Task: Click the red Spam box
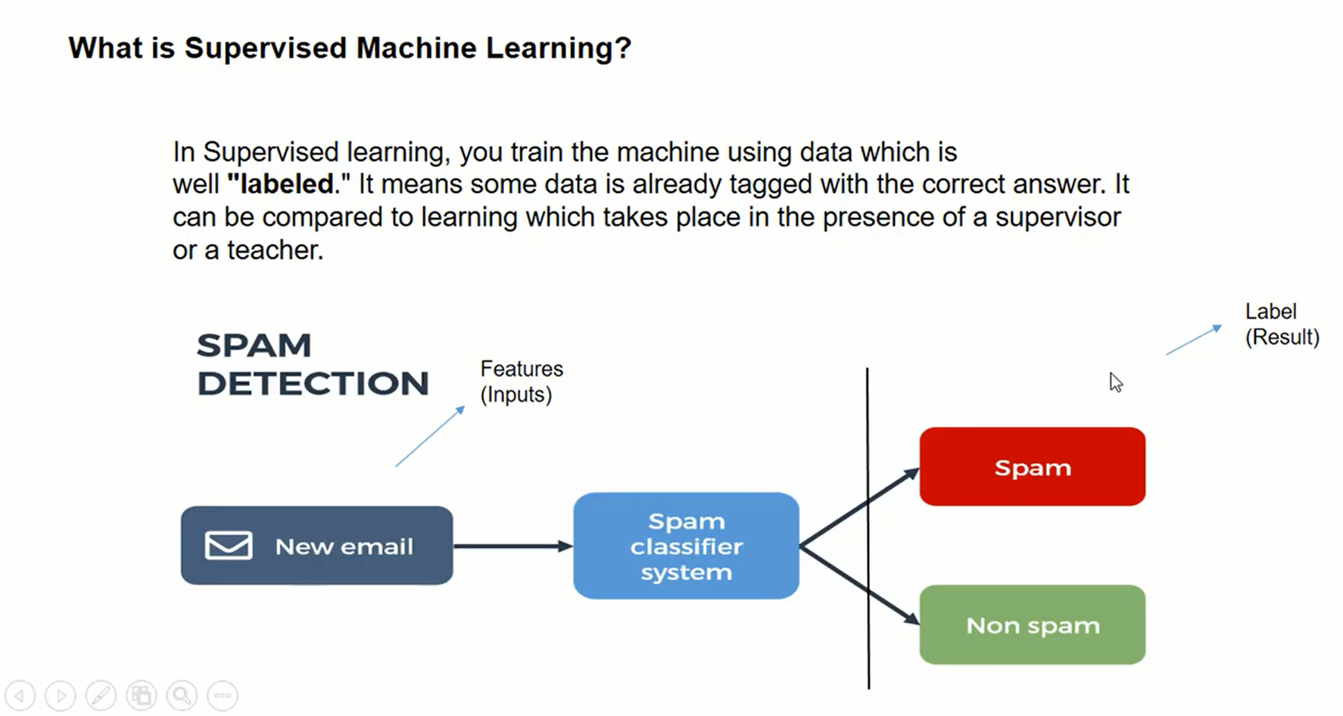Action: coord(1032,466)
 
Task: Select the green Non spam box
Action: coord(1032,625)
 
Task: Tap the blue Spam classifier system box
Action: coord(686,546)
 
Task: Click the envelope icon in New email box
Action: coord(228,546)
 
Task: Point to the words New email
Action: coord(344,546)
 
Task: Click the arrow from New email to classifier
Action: coord(512,546)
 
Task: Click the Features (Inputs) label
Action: coord(521,381)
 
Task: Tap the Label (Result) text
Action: coord(1282,324)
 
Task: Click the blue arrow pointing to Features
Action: coord(430,436)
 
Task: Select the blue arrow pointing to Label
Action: coord(1193,340)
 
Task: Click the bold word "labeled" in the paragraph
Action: coord(281,184)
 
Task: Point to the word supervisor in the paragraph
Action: coord(1058,217)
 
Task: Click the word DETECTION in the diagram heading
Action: coord(313,384)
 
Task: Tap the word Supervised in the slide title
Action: coord(265,48)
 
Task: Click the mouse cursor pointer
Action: coord(1115,381)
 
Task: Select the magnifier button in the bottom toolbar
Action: coord(182,695)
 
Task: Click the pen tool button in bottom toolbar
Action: coord(101,695)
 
